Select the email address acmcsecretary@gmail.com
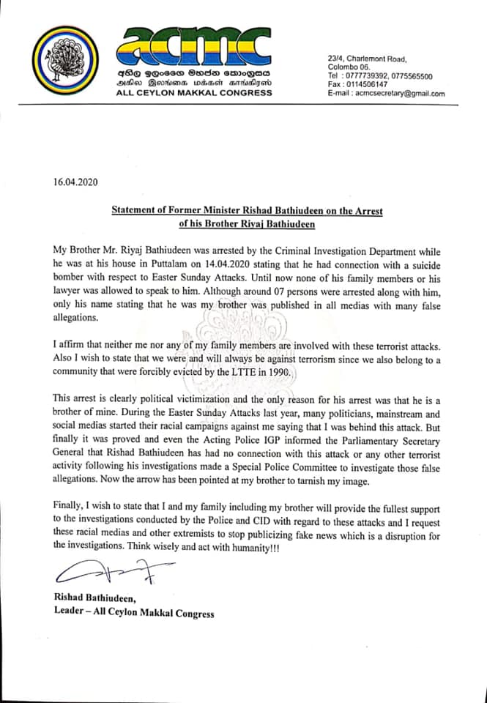coord(400,94)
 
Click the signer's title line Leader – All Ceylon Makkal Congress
coord(134,613)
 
